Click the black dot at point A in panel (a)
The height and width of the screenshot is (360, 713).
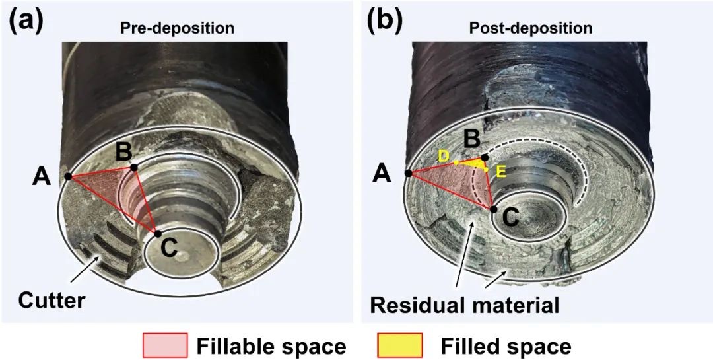68,176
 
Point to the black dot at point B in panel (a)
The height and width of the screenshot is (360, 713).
134,168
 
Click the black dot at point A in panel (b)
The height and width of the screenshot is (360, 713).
408,173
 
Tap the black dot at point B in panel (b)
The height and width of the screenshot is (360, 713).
485,158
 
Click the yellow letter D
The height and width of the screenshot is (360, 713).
443,155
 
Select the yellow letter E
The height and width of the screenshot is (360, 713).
500,172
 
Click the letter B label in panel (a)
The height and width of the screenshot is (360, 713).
123,152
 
